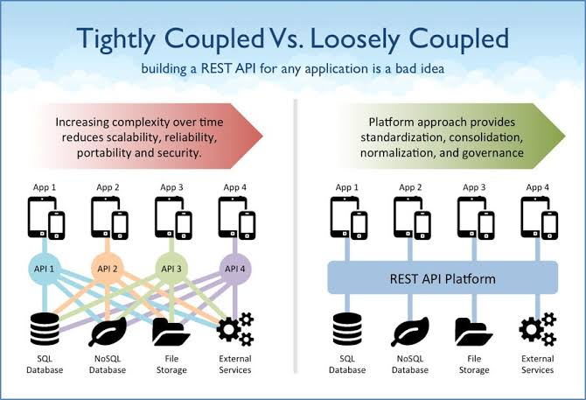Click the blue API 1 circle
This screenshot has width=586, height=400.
(x=44, y=269)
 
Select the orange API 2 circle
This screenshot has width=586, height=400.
(x=108, y=269)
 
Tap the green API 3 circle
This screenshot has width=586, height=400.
(x=171, y=269)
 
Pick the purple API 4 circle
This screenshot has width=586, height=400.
(x=234, y=269)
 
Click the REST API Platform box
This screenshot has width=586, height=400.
(x=443, y=277)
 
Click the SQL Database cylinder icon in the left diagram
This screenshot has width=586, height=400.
(x=45, y=329)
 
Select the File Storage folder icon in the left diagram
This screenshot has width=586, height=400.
(x=171, y=331)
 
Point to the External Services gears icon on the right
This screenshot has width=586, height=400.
(x=537, y=329)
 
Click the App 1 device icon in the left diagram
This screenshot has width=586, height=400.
(x=46, y=218)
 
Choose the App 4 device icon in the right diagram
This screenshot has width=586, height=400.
(x=540, y=218)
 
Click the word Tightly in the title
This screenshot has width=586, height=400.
(x=116, y=39)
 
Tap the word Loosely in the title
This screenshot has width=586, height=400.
(x=355, y=39)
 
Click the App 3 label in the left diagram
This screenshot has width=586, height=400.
(x=172, y=187)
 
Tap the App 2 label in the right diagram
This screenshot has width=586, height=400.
(x=410, y=187)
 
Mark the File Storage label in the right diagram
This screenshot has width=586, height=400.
(x=474, y=364)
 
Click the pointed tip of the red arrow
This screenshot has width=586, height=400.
(x=262, y=136)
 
